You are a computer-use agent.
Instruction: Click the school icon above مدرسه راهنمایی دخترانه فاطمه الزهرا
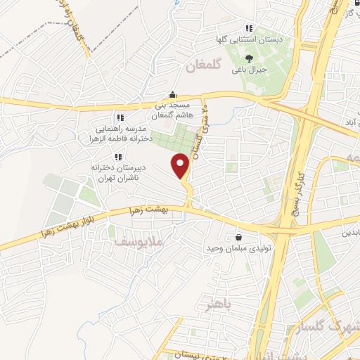click(120, 117)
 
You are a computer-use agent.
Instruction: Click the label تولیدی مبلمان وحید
click(233, 248)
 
